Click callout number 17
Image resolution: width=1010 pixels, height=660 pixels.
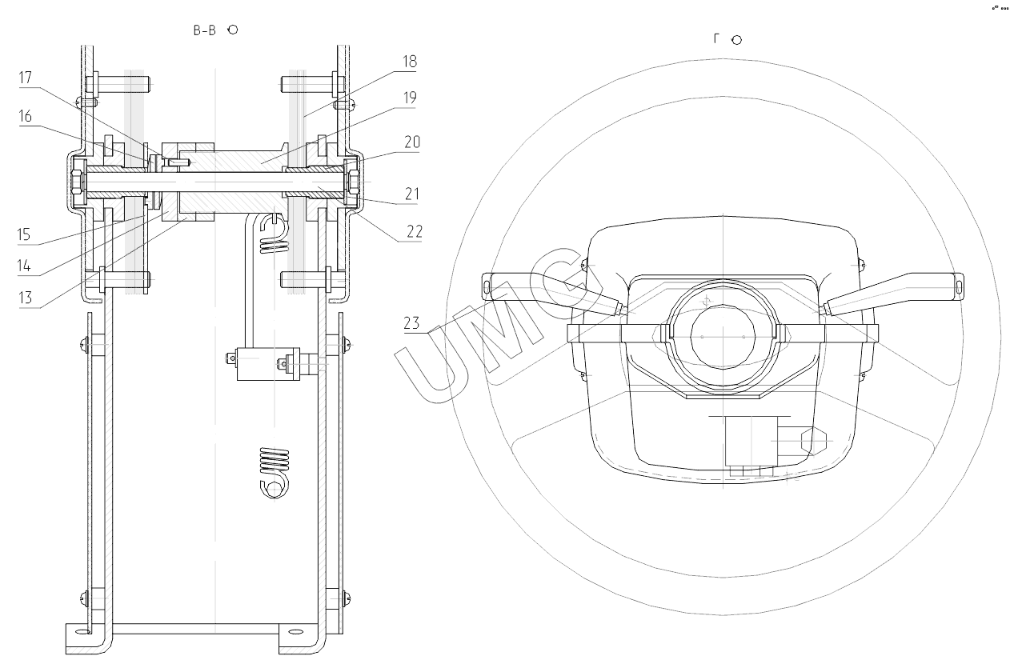(25, 78)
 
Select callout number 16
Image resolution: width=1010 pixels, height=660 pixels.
(25, 117)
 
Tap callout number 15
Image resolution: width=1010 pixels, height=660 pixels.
(25, 235)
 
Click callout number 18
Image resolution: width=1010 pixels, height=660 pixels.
(409, 62)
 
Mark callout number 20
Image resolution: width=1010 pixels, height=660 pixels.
(412, 142)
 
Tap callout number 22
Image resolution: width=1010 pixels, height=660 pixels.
(412, 232)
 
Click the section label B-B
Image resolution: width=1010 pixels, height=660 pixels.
(206, 30)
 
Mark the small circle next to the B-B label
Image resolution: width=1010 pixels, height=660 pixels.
(233, 30)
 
